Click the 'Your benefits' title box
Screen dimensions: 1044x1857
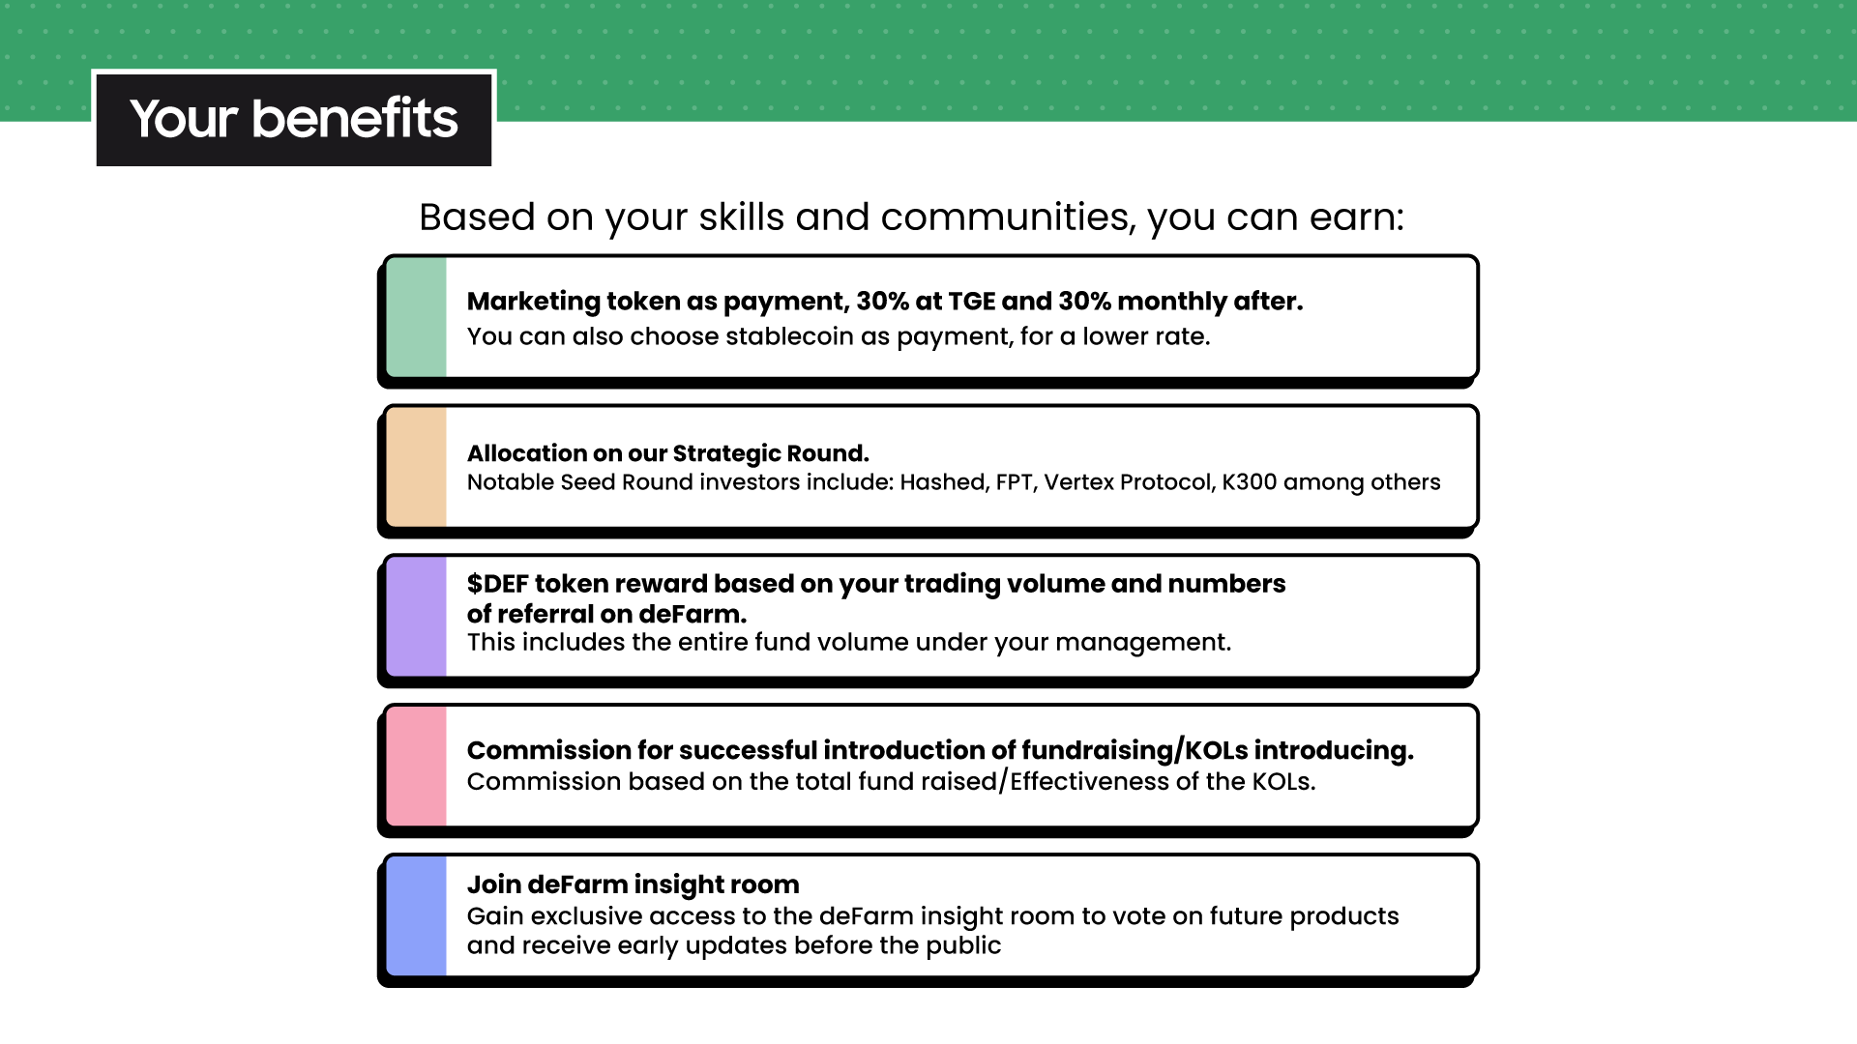coord(294,119)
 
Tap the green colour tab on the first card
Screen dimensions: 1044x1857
coord(416,317)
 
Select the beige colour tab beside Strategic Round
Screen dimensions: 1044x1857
coord(416,467)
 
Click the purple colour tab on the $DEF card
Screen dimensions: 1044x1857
coord(416,617)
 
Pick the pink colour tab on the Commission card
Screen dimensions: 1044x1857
coord(416,767)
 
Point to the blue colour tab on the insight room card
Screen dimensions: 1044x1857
coord(416,915)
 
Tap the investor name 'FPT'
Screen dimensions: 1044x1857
coord(1015,482)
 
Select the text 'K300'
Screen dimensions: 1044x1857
coord(1249,482)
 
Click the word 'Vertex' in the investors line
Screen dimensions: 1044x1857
coord(1077,482)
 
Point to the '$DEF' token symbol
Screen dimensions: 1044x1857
coord(497,584)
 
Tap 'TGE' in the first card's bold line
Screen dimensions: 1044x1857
coord(971,302)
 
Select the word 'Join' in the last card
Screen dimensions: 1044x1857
coord(493,884)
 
